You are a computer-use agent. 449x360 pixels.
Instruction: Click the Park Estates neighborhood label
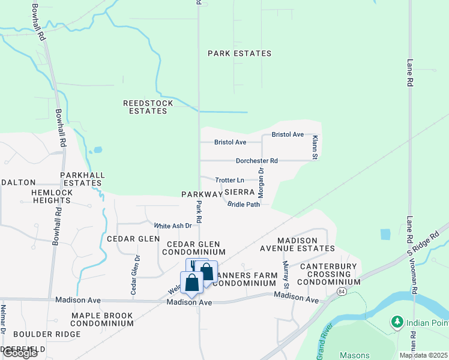[240, 53]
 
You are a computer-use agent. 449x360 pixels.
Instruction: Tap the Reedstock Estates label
[148, 107]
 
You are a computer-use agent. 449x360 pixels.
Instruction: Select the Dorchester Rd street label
[256, 161]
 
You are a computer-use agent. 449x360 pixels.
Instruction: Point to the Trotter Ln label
[230, 180]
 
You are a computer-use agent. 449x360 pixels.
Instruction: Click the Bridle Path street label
[244, 205]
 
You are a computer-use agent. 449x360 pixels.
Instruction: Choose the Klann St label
[314, 147]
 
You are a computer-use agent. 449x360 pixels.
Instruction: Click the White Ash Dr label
[173, 226]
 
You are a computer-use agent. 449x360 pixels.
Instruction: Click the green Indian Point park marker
[397, 322]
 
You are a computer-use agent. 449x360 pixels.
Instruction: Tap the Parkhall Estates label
[82, 179]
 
